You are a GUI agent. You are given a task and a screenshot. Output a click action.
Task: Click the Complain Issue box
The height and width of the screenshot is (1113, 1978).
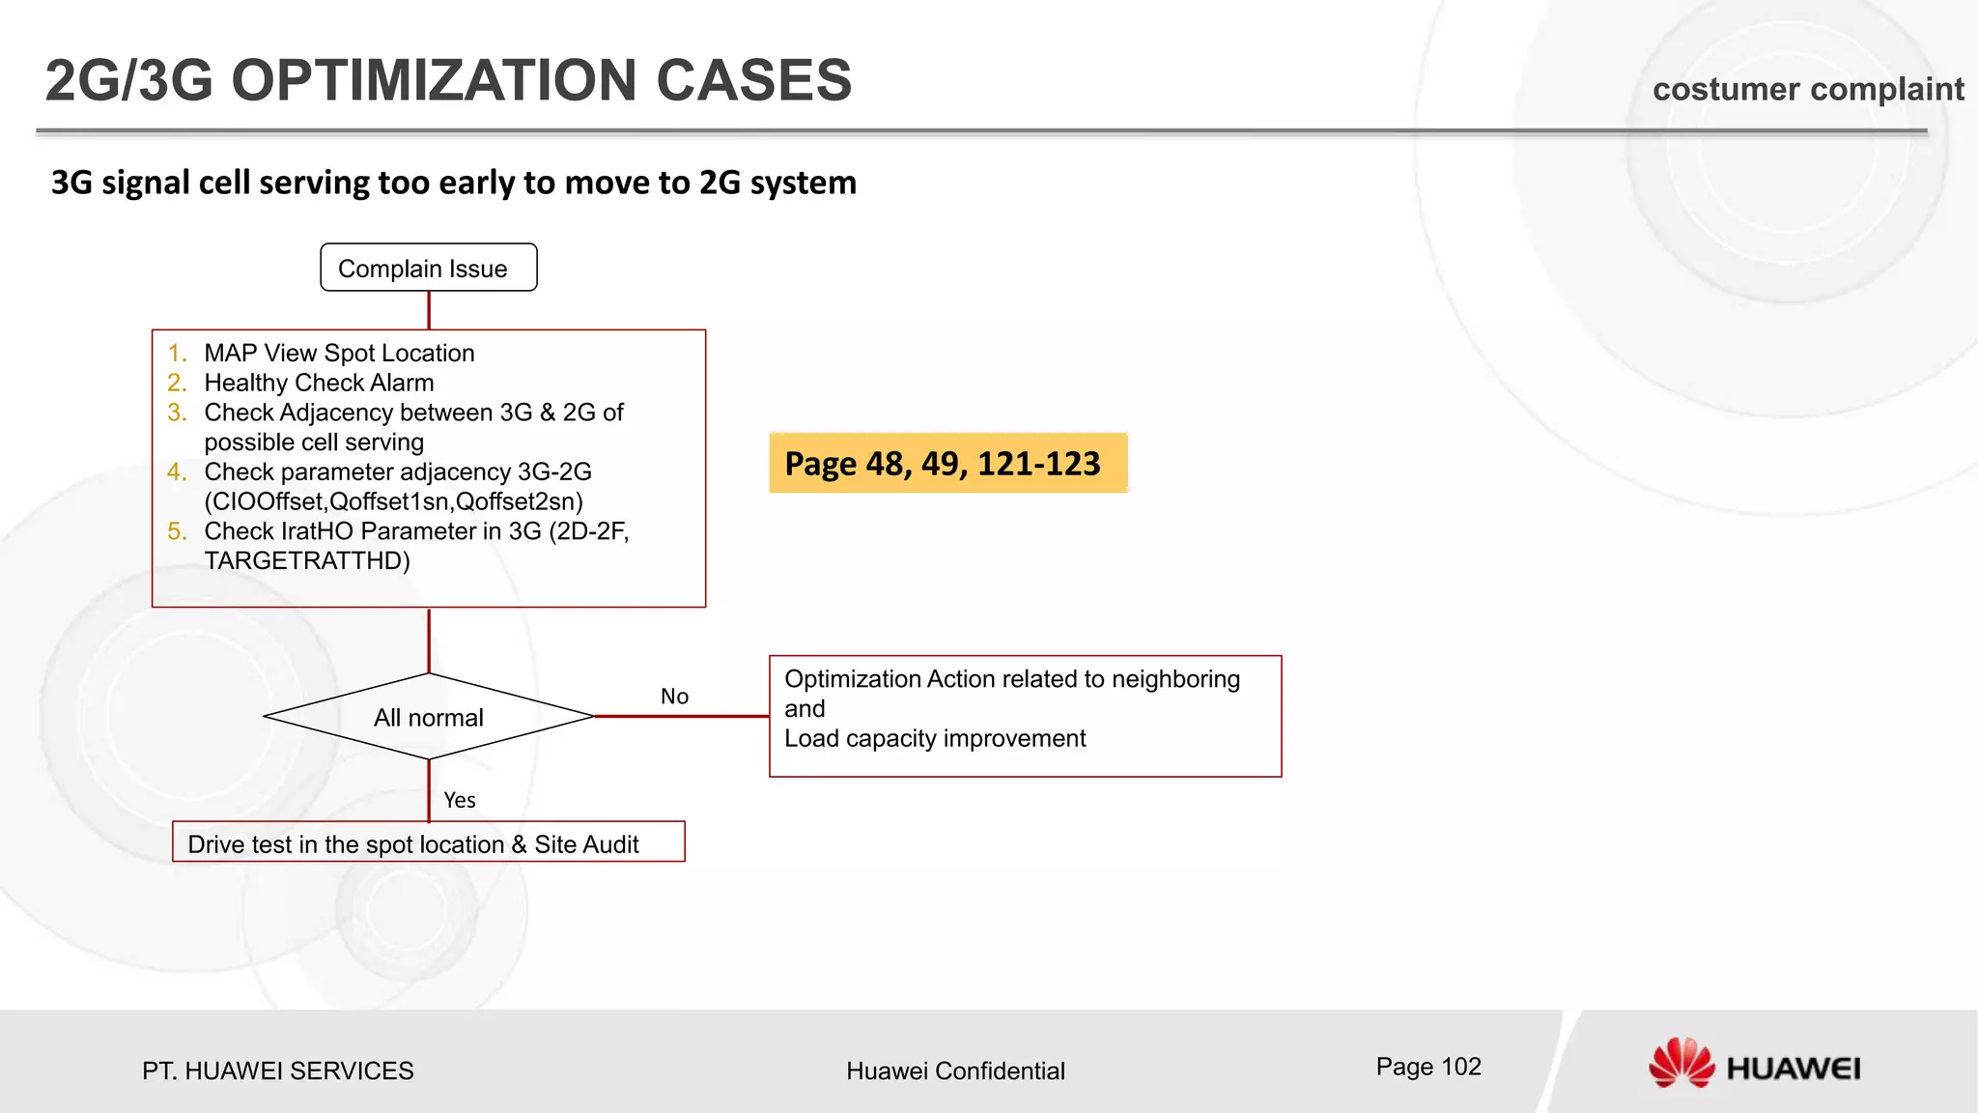pyautogui.click(x=428, y=268)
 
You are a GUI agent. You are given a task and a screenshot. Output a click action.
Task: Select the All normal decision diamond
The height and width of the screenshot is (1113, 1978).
pyautogui.click(x=428, y=717)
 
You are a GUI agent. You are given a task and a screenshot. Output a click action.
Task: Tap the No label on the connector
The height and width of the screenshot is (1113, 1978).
pyautogui.click(x=674, y=697)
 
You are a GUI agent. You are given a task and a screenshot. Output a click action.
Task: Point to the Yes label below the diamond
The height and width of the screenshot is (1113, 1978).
pyautogui.click(x=460, y=800)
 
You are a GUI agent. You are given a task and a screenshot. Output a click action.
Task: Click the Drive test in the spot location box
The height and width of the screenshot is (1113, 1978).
pyautogui.click(x=428, y=842)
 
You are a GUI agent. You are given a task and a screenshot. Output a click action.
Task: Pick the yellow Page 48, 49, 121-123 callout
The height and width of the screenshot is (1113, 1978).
pyautogui.click(x=947, y=464)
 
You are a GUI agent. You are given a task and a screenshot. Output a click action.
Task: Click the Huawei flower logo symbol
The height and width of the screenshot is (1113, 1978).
pyautogui.click(x=1681, y=1063)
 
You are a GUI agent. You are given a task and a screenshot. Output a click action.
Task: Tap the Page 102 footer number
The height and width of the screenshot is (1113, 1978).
pyautogui.click(x=1428, y=1067)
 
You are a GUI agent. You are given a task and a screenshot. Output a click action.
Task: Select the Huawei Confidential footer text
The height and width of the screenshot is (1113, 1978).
pyautogui.click(x=955, y=1070)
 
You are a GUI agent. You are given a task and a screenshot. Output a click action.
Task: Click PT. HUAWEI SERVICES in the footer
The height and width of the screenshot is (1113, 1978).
pyautogui.click(x=278, y=1070)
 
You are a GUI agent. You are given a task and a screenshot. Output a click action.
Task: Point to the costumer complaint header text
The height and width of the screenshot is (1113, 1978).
pyautogui.click(x=1808, y=89)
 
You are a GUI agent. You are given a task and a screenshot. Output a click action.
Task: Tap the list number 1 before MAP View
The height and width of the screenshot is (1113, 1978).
pyautogui.click(x=176, y=353)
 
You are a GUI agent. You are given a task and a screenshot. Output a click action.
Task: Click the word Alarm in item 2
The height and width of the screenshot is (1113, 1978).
pyautogui.click(x=401, y=383)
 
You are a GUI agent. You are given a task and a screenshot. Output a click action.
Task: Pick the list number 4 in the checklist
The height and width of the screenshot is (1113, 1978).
pyautogui.click(x=176, y=471)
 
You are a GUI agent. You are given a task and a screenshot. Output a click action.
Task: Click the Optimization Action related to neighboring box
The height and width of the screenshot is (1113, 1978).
pyautogui.click(x=1025, y=716)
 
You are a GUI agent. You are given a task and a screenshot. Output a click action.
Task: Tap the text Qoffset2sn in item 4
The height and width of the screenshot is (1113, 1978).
pyautogui.click(x=519, y=501)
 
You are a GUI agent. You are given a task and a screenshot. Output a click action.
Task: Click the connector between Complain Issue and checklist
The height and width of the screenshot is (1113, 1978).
pyautogui.click(x=429, y=310)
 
